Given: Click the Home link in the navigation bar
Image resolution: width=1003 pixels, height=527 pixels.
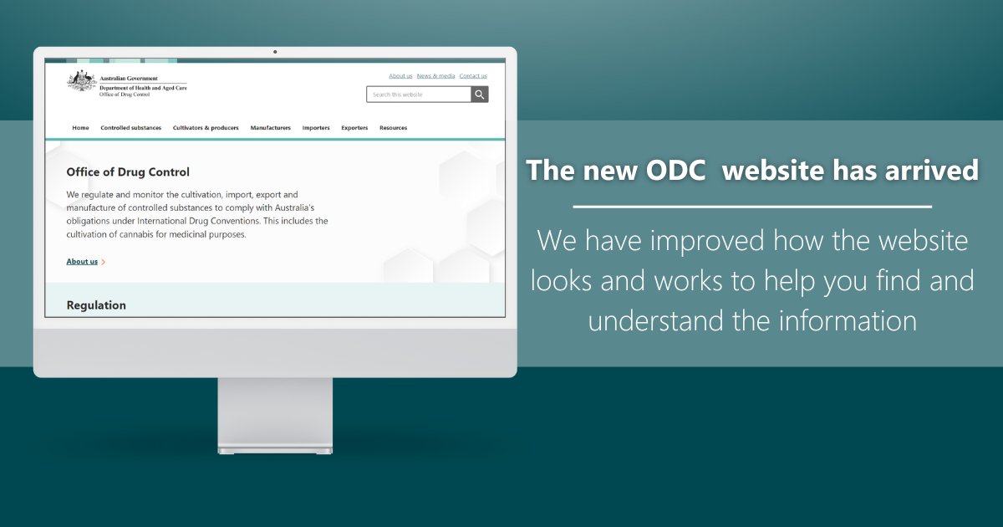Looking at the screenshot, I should [80, 128].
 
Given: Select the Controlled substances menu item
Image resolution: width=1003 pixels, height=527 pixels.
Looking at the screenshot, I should [130, 128].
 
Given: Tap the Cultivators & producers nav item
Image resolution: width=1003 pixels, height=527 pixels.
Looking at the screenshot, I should [206, 128].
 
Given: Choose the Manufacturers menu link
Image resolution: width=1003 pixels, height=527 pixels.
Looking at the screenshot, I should [270, 128].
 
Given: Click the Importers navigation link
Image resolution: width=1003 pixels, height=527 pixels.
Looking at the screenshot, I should [316, 128].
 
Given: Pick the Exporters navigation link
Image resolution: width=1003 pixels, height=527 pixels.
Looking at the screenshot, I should [354, 128].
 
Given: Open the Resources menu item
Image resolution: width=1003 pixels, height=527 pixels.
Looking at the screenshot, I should [393, 128].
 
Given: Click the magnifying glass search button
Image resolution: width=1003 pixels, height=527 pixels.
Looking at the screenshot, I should [480, 95].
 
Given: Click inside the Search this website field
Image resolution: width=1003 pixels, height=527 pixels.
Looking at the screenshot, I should [418, 95].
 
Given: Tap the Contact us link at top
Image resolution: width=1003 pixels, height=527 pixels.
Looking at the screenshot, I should [473, 76].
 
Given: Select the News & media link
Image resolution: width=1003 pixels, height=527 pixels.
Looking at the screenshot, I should [436, 76].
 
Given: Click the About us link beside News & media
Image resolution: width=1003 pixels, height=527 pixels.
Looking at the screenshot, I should [400, 76].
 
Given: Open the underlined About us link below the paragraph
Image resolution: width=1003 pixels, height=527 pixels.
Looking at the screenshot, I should [82, 262].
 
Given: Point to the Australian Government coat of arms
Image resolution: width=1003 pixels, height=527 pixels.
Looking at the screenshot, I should [81, 81].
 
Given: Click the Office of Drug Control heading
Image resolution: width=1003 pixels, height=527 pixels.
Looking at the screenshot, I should [128, 172].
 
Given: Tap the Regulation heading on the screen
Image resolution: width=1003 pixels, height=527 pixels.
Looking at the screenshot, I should [96, 305].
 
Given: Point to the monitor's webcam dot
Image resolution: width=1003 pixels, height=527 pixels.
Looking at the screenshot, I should [275, 52].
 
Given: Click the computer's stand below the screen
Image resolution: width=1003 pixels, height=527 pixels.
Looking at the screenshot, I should [275, 414].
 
